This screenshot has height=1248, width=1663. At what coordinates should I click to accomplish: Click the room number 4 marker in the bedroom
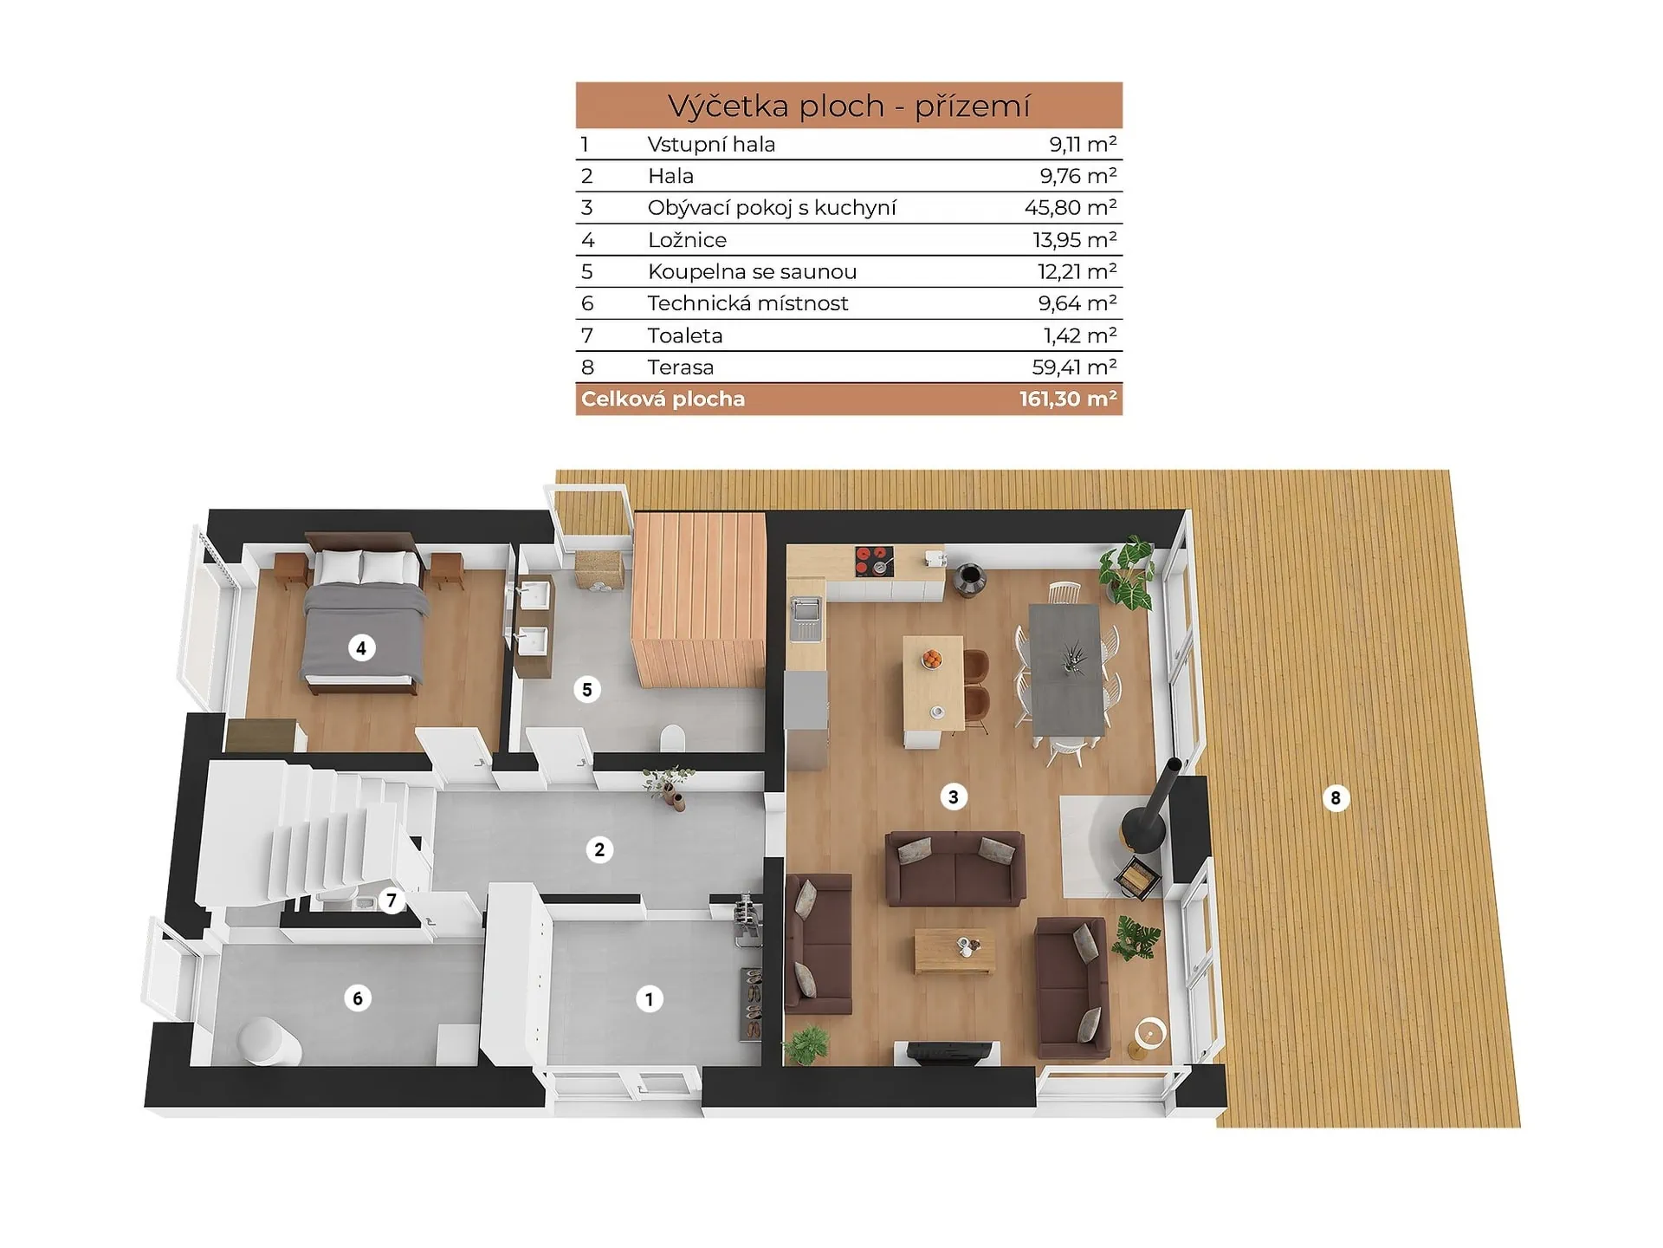(x=361, y=647)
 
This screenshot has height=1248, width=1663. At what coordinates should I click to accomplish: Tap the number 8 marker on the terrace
(x=1336, y=798)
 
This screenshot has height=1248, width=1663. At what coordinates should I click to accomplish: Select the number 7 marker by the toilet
(x=391, y=901)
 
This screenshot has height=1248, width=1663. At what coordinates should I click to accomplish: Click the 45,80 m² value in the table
(x=1071, y=208)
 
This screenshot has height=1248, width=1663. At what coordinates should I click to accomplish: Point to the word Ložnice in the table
(x=687, y=240)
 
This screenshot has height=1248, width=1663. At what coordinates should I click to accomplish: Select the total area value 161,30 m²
(x=1068, y=400)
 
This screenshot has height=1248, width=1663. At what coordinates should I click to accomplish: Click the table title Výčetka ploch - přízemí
(x=849, y=106)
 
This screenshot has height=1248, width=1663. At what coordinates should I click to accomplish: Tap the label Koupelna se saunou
(x=752, y=272)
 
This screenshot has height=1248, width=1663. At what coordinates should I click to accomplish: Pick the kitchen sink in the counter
(x=806, y=618)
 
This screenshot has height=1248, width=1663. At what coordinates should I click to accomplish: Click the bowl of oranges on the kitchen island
(x=932, y=660)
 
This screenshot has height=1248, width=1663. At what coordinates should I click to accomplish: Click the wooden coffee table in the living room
(x=954, y=951)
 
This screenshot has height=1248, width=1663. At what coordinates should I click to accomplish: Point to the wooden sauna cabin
(x=699, y=600)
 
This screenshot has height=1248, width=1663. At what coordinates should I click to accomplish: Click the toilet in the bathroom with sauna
(x=673, y=738)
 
